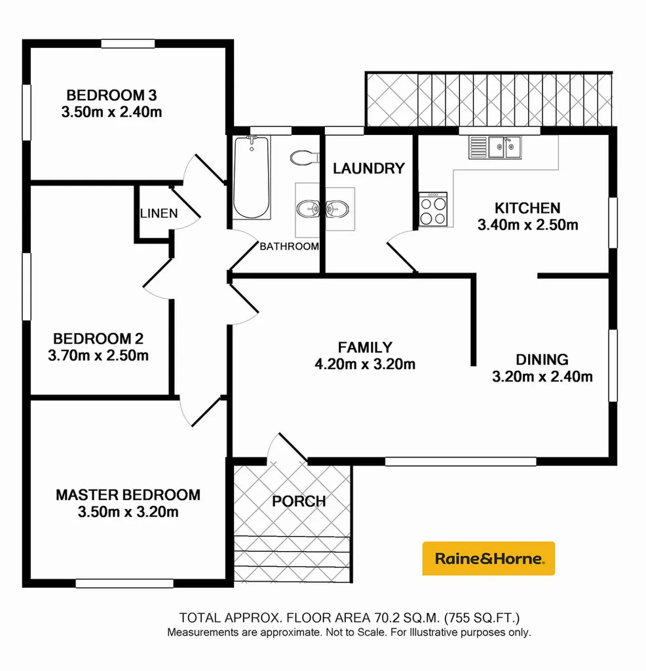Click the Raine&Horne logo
click(488, 558)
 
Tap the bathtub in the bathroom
click(252, 177)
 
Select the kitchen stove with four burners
click(432, 210)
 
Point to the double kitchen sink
click(495, 147)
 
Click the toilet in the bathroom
click(304, 158)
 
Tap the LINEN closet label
click(158, 214)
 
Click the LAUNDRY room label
click(368, 168)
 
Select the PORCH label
click(299, 501)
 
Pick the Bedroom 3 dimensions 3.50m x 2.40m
click(111, 112)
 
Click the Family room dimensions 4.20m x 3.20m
click(364, 364)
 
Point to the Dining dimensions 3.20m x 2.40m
click(542, 376)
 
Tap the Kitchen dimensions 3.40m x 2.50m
click(527, 225)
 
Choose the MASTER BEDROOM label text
click(128, 495)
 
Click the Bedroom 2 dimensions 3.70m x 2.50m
click(98, 356)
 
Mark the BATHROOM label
click(289, 247)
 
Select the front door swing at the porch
click(286, 449)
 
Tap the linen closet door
click(185, 210)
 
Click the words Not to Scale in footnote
click(356, 632)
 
